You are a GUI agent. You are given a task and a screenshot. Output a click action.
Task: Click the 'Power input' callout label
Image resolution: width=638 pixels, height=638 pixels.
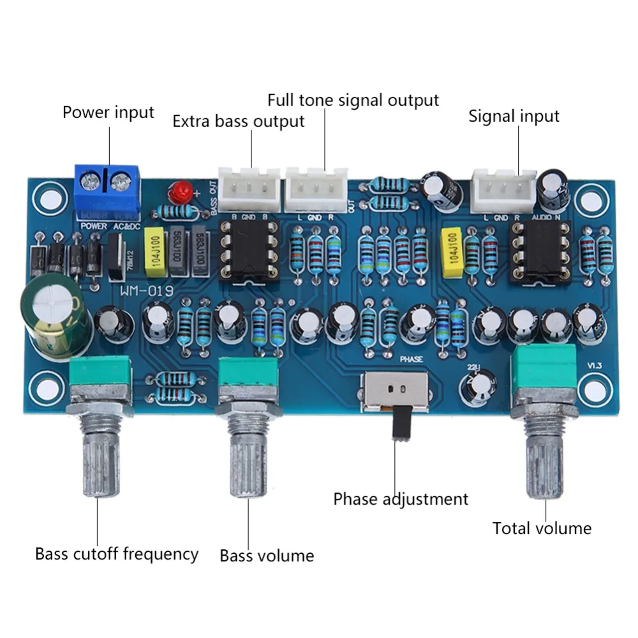point(108,113)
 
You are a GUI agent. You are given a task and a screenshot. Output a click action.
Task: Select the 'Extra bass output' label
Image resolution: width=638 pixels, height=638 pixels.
point(239,121)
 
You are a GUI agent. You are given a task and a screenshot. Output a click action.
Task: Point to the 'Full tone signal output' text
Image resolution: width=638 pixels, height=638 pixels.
point(353,100)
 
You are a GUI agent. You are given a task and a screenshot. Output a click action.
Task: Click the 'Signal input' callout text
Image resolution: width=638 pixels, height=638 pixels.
point(514,116)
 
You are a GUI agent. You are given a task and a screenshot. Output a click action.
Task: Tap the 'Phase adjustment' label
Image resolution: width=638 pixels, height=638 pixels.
point(401,498)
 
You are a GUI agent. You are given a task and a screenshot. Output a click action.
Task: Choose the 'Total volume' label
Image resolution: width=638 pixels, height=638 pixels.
point(542,528)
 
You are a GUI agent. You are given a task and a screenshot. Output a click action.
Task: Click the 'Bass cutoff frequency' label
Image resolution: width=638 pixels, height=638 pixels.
point(117,553)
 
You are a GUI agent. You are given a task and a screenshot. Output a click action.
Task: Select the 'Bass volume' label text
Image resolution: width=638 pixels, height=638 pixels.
point(267,556)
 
